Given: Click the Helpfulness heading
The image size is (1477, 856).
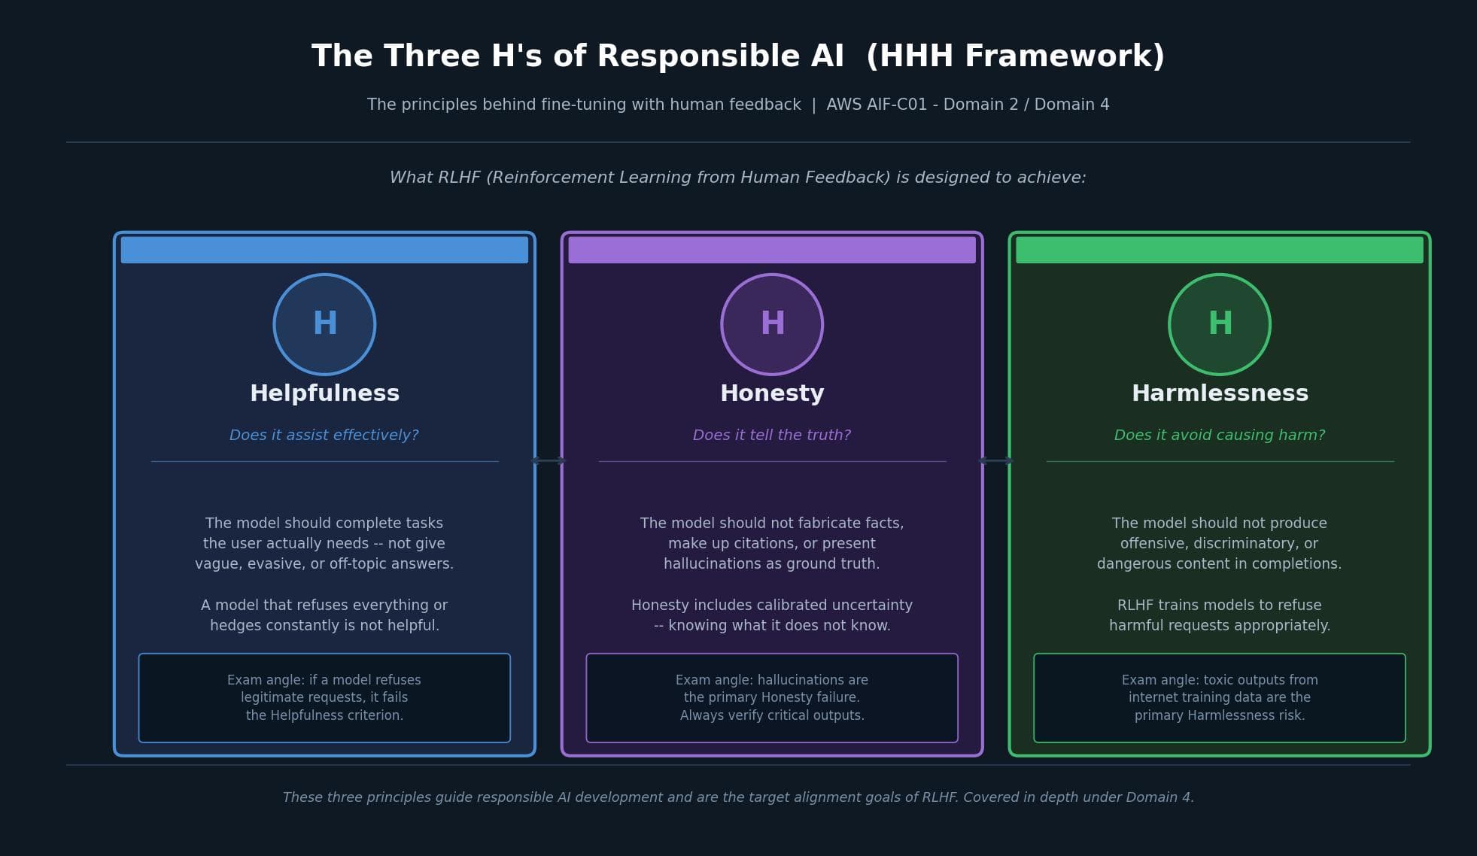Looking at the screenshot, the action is pos(324,393).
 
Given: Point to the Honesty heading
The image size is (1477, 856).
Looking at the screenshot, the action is pos(772,393).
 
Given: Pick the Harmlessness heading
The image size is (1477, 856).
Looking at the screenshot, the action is pos(1220,393).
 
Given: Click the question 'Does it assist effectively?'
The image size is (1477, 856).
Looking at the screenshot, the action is pos(324,436).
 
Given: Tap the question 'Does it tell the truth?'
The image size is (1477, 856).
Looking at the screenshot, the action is pos(772,436).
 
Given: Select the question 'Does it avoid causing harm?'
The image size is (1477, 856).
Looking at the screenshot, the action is pos(1220,436).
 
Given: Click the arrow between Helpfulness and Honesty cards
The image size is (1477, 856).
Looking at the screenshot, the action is pos(548,461).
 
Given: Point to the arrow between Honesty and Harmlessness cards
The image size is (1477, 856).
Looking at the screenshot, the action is pos(995,461).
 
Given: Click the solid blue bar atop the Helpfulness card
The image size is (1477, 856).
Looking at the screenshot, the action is pos(324,250).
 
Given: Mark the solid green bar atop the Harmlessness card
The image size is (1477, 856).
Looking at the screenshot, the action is pos(1220,250).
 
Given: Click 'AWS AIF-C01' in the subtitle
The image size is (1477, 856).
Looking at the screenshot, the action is pos(877,105).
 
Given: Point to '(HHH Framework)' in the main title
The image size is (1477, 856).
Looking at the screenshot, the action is pos(1015,57).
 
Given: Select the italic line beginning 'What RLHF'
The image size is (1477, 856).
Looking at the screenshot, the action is pos(738,178).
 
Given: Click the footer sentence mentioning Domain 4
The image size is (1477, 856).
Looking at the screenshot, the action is pos(738,798).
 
